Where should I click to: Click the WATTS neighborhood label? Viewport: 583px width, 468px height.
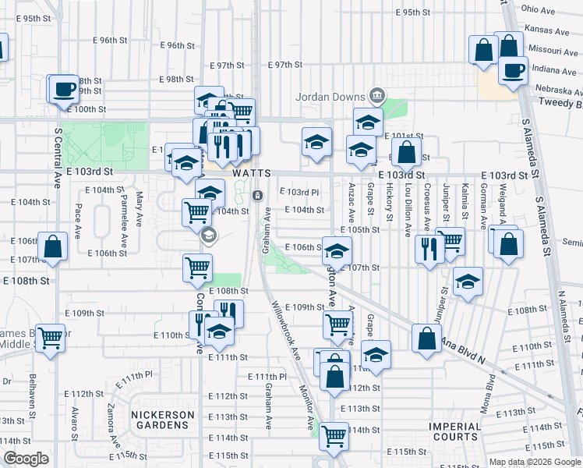(x=252, y=172)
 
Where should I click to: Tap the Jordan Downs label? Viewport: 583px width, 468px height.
(x=330, y=97)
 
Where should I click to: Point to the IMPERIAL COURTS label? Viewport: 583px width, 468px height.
(x=455, y=431)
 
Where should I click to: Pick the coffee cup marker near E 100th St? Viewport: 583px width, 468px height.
(x=64, y=89)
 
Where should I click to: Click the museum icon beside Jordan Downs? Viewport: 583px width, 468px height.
(x=377, y=96)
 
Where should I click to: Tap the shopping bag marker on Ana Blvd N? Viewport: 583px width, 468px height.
(x=426, y=339)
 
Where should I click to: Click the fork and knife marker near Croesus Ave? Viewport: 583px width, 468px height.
(x=429, y=249)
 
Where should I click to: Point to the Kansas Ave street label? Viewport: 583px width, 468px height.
(x=546, y=31)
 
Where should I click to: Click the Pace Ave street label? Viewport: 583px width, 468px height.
(x=77, y=222)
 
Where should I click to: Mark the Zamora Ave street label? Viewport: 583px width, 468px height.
(x=114, y=424)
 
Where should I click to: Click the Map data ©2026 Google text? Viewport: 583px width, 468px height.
(x=534, y=462)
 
